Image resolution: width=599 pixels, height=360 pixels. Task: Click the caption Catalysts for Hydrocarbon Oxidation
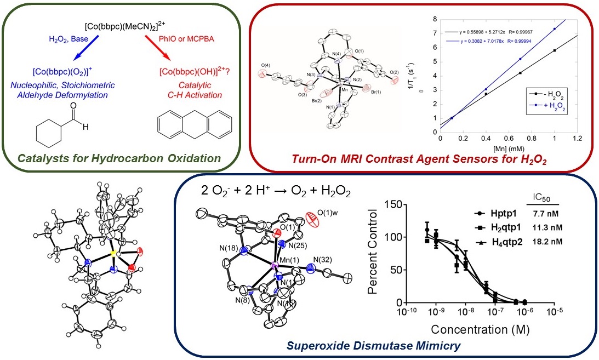pos(119,159)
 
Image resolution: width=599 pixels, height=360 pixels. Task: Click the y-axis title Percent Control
pos(374,254)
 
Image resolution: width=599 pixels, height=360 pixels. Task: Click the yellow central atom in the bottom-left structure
pos(113,254)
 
